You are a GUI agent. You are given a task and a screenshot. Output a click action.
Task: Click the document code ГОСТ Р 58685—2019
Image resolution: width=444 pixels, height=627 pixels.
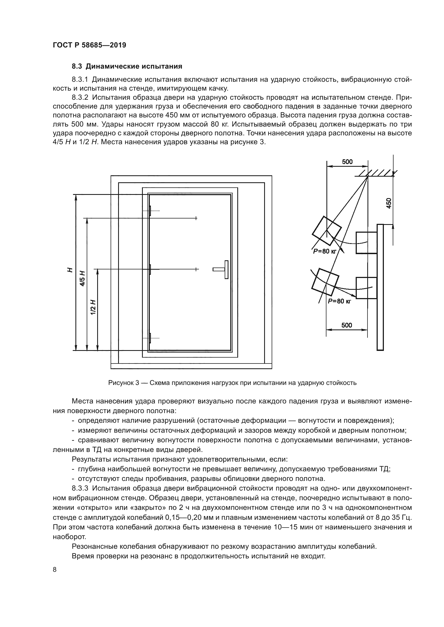(89, 45)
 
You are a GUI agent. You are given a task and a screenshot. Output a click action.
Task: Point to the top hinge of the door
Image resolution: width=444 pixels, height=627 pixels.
(150, 211)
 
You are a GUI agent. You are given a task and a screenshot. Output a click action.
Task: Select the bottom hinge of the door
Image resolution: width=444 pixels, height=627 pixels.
(150, 338)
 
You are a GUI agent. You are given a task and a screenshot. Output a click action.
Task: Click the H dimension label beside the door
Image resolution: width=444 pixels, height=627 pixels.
(70, 270)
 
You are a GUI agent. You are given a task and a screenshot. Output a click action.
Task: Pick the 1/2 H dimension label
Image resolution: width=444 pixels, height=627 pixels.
(93, 307)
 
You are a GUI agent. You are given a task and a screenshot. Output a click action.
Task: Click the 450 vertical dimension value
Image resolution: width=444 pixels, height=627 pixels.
(389, 203)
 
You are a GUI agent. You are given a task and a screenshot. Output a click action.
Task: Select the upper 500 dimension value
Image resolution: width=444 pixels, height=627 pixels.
(347, 162)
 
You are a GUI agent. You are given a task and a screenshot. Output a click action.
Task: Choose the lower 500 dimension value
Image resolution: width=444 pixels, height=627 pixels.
(347, 325)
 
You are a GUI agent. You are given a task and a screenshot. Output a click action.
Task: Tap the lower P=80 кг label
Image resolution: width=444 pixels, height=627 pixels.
(339, 301)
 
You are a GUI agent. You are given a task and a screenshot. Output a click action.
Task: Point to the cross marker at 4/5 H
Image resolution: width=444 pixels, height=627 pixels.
(196, 218)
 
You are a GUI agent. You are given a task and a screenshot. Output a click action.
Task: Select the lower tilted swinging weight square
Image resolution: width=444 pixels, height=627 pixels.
(325, 282)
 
